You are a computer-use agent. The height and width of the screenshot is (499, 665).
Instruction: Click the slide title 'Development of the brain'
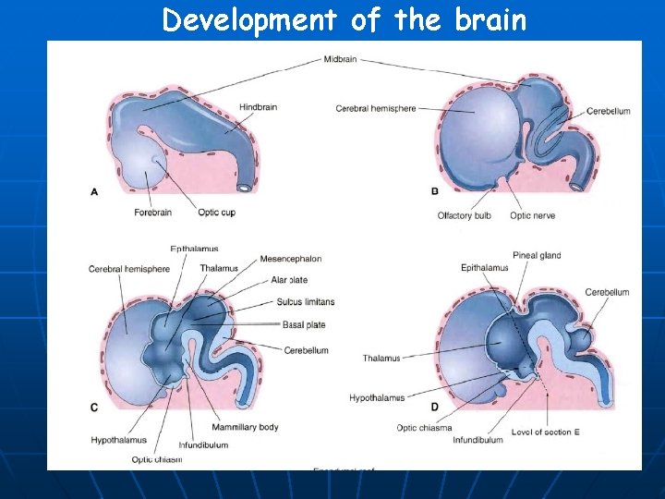pyautogui.click(x=344, y=19)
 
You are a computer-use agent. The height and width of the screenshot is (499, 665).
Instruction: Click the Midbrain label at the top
pyautogui.click(x=340, y=59)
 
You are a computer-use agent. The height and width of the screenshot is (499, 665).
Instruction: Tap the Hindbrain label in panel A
pyautogui.click(x=258, y=107)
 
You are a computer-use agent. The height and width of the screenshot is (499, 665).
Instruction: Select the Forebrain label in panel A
pyautogui.click(x=152, y=213)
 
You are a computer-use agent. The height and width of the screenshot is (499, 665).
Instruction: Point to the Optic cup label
pyautogui.click(x=214, y=213)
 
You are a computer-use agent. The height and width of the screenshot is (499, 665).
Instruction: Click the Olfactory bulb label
pyautogui.click(x=464, y=216)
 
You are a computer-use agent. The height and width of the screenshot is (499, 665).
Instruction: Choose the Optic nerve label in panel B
pyautogui.click(x=532, y=216)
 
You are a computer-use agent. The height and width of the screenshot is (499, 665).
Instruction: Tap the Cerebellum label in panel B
pyautogui.click(x=608, y=112)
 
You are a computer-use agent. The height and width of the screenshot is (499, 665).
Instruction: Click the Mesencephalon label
pyautogui.click(x=290, y=259)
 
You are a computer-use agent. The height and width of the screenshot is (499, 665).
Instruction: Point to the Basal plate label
pyautogui.click(x=304, y=325)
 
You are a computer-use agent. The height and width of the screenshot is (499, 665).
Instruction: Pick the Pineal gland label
pyautogui.click(x=537, y=256)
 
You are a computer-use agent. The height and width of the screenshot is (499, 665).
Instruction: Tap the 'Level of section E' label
pyautogui.click(x=545, y=432)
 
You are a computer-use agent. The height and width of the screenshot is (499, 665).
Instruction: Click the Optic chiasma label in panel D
pyautogui.click(x=424, y=428)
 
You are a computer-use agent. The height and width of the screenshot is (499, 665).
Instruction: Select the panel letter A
pyautogui.click(x=94, y=191)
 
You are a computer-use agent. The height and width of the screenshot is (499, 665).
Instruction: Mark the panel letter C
pyautogui.click(x=94, y=407)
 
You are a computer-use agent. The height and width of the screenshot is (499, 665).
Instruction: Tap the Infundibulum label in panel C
pyautogui.click(x=204, y=444)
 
